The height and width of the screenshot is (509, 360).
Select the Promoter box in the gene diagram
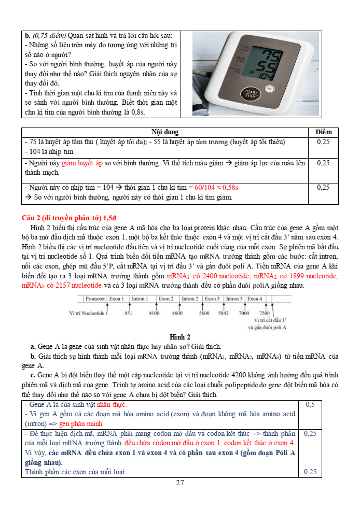95,299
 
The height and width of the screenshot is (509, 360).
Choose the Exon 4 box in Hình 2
255,299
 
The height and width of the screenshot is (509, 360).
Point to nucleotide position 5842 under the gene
223,313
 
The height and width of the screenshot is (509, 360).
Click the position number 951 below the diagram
129,313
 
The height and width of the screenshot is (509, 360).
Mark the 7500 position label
265,313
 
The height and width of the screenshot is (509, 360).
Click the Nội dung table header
165,132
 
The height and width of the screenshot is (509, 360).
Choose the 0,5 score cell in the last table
310,404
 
